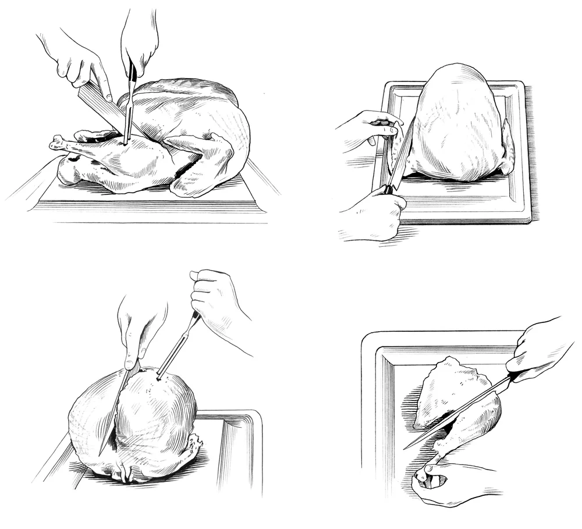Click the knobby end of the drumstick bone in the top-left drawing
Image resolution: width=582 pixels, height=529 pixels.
click(x=56, y=142)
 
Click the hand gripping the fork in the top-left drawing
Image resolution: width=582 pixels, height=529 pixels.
click(x=139, y=41)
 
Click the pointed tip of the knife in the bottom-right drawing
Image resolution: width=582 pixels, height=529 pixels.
click(x=406, y=448)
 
